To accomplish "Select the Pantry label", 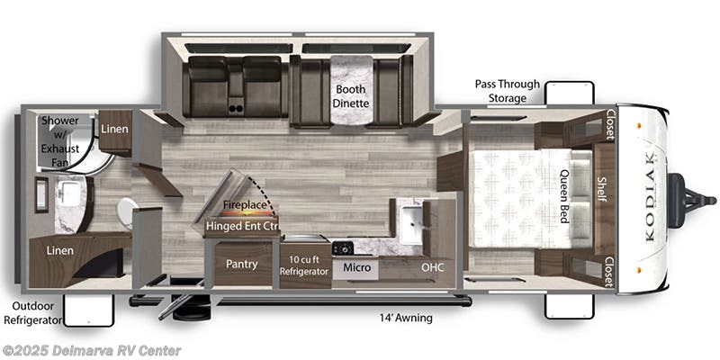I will point(242,265).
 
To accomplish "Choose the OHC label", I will point(434,267).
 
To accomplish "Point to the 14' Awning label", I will point(407,318).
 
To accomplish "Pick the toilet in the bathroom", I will point(125,212).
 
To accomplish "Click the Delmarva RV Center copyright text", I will point(92,350).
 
